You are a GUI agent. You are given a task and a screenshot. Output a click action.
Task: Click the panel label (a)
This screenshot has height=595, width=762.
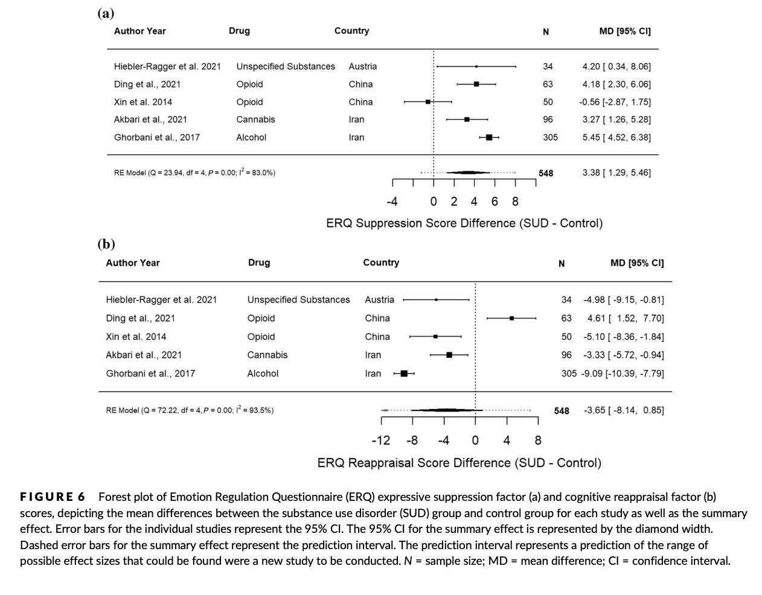[x=106, y=13]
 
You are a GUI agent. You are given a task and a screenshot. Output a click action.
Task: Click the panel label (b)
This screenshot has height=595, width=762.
[x=106, y=244]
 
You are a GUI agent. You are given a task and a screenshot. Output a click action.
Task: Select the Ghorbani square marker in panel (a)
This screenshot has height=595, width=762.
[x=489, y=138]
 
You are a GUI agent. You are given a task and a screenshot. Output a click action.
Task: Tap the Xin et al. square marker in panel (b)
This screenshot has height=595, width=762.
[x=435, y=337]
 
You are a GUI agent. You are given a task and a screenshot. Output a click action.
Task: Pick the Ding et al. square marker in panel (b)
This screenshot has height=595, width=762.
[x=511, y=318]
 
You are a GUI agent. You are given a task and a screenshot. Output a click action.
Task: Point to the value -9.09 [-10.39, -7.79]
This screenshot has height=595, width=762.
[x=623, y=374]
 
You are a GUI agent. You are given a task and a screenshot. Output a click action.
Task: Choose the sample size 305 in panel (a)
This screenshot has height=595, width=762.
[x=550, y=138]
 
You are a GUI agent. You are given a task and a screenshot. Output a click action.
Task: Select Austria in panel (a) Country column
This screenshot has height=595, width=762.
[x=362, y=66]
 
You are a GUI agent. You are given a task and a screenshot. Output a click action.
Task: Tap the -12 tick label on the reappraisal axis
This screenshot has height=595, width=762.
[x=381, y=441]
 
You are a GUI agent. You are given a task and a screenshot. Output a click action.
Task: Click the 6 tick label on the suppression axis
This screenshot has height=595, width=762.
[x=495, y=202]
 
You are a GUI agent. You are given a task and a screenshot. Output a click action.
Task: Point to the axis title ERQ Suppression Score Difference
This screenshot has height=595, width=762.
[x=464, y=223]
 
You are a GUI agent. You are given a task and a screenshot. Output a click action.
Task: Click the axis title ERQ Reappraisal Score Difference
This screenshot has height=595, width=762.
[x=459, y=463]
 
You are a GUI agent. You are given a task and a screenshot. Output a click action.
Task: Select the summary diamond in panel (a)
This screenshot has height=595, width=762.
[x=469, y=173]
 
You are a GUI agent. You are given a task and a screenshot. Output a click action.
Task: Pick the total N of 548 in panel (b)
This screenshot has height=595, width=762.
[x=562, y=410]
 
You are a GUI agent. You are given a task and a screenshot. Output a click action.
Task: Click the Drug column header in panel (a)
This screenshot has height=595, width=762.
[x=239, y=31]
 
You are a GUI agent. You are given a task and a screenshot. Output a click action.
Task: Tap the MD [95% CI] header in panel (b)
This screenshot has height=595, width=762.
[x=637, y=262]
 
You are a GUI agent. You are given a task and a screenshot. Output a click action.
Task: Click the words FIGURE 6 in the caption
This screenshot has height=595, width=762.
[x=53, y=497]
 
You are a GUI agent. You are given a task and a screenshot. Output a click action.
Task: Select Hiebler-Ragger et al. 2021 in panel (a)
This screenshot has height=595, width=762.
[x=167, y=66]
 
